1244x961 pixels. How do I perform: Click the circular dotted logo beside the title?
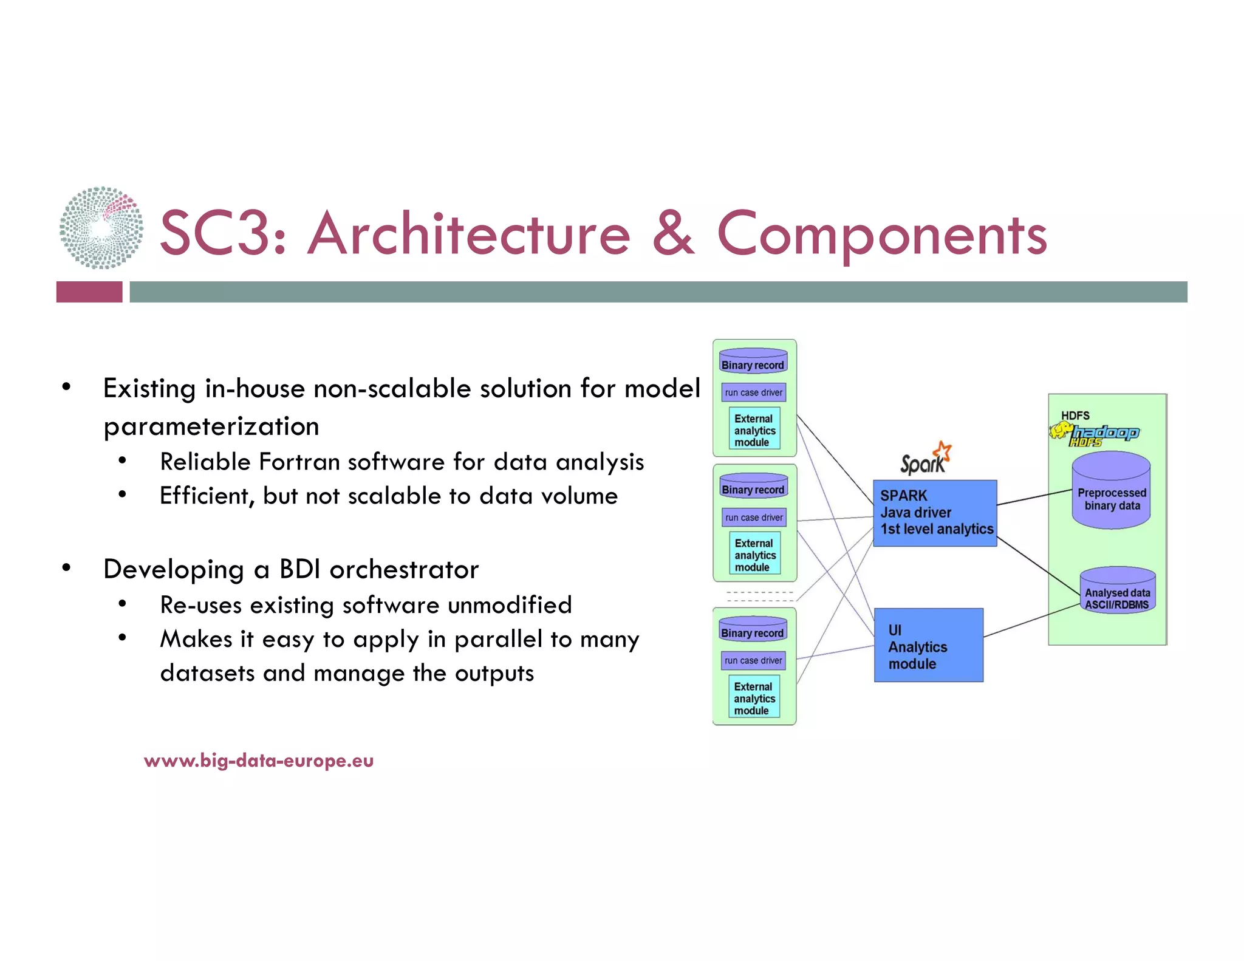click(x=101, y=228)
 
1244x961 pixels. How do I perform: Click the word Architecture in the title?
click(x=468, y=234)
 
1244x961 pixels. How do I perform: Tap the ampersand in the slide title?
click(x=672, y=234)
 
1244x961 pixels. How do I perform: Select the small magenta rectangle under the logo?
click(x=89, y=292)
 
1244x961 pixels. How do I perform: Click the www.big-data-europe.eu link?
click(x=259, y=761)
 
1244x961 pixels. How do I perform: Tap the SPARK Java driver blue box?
click(x=934, y=513)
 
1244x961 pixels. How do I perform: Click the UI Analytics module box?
click(x=928, y=645)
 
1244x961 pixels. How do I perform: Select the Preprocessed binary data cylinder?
click(x=1111, y=492)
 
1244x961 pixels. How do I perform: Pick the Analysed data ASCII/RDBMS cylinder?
click(x=1117, y=591)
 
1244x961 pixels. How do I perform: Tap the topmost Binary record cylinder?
click(x=753, y=361)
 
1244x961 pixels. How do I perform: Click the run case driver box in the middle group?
click(x=754, y=518)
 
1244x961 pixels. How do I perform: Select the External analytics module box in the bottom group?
click(x=754, y=698)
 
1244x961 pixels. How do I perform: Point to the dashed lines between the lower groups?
click(x=759, y=596)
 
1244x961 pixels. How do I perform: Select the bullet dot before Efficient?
click(x=123, y=495)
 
